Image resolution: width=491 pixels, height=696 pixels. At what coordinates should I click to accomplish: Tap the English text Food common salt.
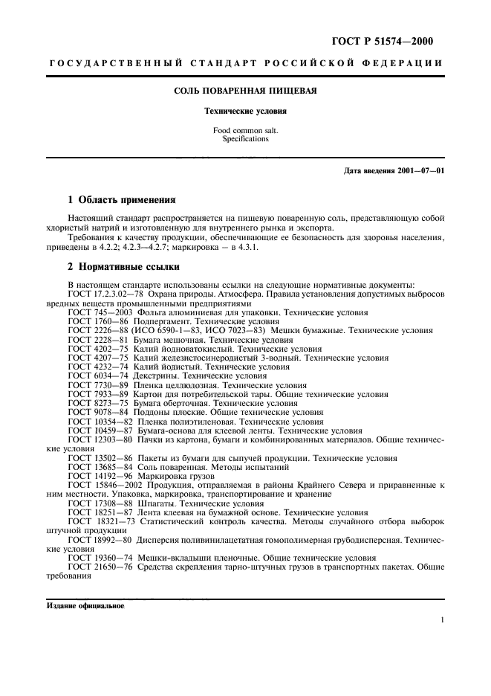246,130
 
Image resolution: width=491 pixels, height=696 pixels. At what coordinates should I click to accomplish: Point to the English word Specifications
246,139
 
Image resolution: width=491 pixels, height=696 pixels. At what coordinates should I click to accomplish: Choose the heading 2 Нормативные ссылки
123,266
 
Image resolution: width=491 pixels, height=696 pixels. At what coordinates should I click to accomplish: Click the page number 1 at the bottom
442,619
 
